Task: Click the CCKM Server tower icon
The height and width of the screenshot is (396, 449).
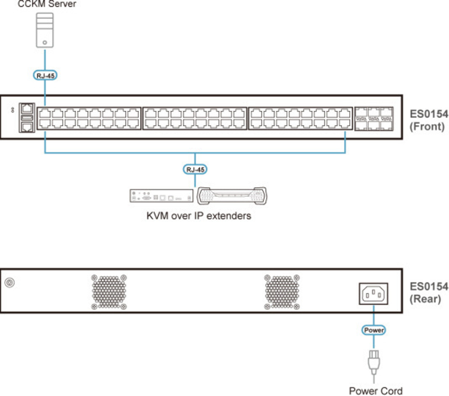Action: tap(45, 30)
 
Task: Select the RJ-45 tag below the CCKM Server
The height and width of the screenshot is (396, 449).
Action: tap(45, 75)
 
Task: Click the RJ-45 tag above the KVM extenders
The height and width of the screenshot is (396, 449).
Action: tap(195, 169)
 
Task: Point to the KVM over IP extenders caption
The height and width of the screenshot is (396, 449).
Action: tap(198, 216)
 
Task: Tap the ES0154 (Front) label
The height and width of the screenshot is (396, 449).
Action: tap(428, 120)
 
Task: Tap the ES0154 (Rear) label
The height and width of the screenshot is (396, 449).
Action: tap(428, 292)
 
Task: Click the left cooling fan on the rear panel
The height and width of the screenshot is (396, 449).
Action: tap(109, 291)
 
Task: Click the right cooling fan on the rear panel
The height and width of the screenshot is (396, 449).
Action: tap(282, 291)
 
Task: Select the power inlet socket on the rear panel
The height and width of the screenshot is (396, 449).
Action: tap(373, 294)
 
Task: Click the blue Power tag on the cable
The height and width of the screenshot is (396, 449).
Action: tap(374, 330)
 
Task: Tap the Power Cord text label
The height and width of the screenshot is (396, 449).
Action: tap(376, 390)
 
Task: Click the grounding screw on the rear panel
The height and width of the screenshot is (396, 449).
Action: tap(9, 282)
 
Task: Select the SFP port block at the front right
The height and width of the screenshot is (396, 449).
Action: tap(374, 119)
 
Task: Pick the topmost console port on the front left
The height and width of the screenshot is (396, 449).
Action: tap(26, 108)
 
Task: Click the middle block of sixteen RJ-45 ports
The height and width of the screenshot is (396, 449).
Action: tap(194, 118)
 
